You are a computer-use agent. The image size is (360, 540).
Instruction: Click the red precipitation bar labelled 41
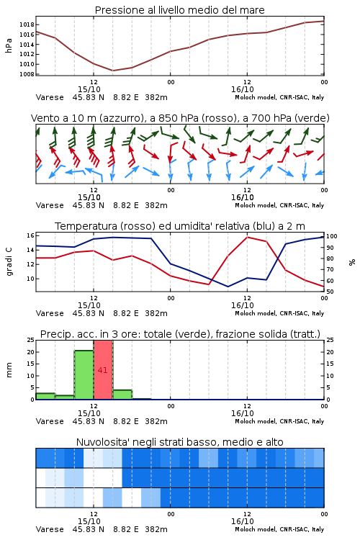coord(103,370)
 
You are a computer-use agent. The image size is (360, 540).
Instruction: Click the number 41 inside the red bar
coord(103,370)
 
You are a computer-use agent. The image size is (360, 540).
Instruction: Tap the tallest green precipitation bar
coord(84,375)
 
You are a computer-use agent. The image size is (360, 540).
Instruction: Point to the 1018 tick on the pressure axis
coord(27,24)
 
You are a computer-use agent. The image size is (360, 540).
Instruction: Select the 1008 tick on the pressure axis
coord(27,74)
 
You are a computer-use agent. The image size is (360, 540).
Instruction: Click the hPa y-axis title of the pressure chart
coord(9,45)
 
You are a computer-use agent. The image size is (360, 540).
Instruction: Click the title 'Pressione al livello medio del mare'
coord(180,10)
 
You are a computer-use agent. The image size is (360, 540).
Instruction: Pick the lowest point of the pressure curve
coord(112,71)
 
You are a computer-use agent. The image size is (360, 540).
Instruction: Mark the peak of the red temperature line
coord(248,237)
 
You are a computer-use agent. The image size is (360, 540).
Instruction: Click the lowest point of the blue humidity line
coord(228,287)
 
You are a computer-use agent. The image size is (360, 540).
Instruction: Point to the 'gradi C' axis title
coord(9,262)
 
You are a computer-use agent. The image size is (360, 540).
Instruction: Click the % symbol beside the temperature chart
coord(352,262)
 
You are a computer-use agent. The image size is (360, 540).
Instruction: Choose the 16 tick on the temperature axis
coord(30,235)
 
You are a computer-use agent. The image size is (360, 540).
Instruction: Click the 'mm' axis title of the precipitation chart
coord(9,370)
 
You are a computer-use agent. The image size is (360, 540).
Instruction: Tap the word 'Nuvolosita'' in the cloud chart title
coord(101,442)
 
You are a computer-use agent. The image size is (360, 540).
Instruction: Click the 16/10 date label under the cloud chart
coord(243,521)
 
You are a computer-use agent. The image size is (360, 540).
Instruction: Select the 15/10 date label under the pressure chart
coord(89,89)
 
